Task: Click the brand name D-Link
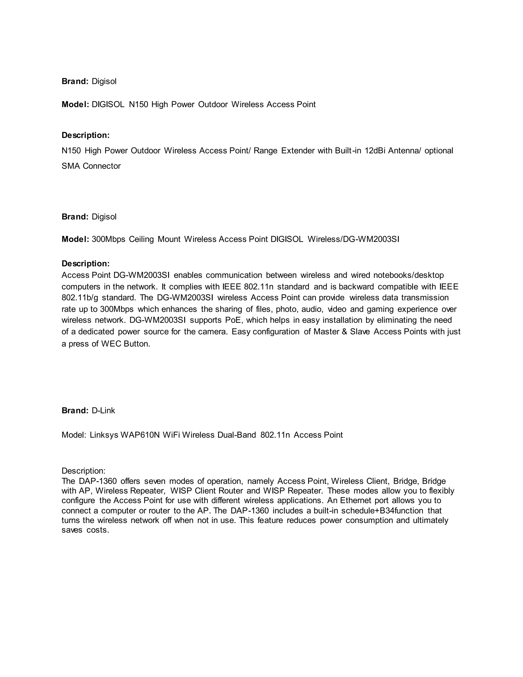tap(103, 411)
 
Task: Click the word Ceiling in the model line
tap(141, 239)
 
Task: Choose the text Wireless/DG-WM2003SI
tap(353, 239)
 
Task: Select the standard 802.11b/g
tap(80, 298)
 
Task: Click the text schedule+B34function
tap(382, 510)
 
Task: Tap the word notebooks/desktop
tap(408, 275)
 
